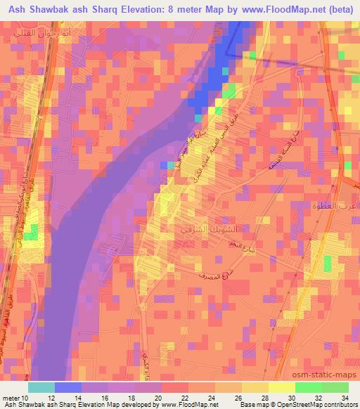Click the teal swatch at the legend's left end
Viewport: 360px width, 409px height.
click(41, 387)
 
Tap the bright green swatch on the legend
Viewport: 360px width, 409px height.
click(309, 387)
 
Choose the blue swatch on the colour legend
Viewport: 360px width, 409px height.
click(68, 387)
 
